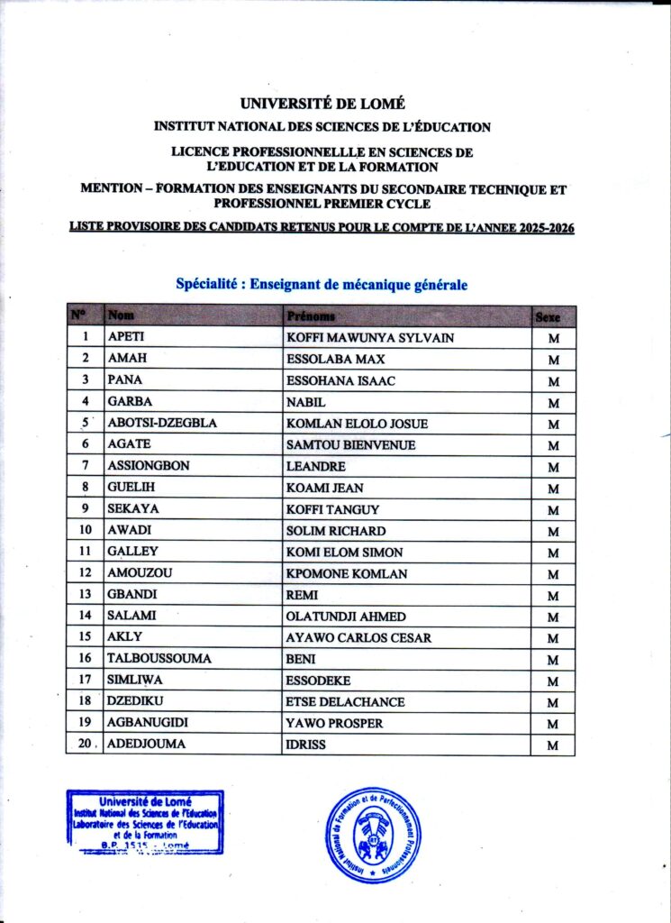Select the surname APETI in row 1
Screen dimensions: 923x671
(x=126, y=338)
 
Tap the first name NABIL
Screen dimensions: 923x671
(x=305, y=402)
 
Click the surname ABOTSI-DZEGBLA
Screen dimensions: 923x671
(x=162, y=424)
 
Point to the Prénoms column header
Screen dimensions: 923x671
(x=311, y=316)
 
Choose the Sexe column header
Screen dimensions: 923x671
(x=549, y=317)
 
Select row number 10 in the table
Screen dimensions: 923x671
(x=85, y=531)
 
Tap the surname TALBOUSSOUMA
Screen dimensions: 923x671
(x=159, y=659)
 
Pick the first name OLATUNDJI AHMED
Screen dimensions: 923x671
(x=345, y=617)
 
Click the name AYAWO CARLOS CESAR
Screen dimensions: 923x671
(x=358, y=638)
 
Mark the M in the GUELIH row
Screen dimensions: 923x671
(x=553, y=489)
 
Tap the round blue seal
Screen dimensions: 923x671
(x=372, y=835)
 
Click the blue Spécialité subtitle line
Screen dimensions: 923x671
(x=322, y=285)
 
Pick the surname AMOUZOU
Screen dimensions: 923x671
(x=137, y=574)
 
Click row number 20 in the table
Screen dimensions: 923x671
(x=85, y=745)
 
